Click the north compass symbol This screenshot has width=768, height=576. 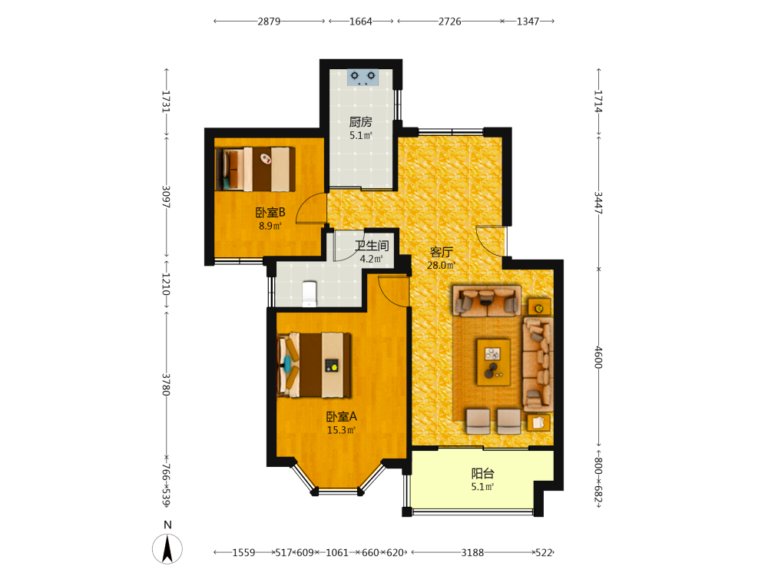(x=167, y=548)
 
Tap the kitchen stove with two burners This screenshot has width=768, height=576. (x=363, y=78)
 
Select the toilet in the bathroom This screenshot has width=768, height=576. (x=310, y=293)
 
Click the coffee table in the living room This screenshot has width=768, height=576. (x=494, y=362)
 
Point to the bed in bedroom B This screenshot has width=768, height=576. (x=255, y=169)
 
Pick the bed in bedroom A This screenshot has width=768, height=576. (x=314, y=366)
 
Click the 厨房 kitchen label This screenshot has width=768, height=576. (x=360, y=121)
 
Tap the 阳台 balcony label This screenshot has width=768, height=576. (x=482, y=473)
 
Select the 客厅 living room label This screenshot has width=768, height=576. (x=441, y=252)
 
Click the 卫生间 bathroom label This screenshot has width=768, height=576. (x=372, y=246)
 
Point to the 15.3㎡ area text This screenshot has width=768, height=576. (x=341, y=431)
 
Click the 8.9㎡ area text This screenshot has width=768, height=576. (x=270, y=227)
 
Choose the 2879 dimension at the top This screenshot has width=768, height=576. (x=269, y=21)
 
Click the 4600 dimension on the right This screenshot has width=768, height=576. (x=598, y=358)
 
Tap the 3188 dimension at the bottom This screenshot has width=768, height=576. (x=472, y=552)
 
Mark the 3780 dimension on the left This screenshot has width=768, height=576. (x=166, y=385)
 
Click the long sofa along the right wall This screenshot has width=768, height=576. (x=538, y=364)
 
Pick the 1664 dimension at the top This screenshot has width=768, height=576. (x=360, y=21)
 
